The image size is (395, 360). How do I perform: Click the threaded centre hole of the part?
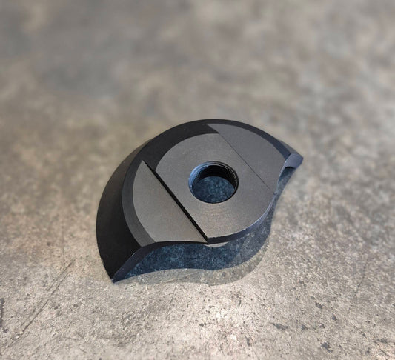click(213, 183)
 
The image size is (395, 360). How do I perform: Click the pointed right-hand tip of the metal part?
click(300, 158)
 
